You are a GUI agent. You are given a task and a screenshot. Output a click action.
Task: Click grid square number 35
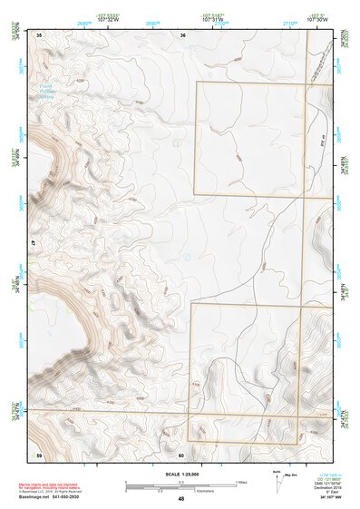tap(39, 34)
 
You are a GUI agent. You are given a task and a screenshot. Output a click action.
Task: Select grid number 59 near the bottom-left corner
tap(38, 454)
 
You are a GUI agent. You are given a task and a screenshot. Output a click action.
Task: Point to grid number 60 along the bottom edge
tap(181, 454)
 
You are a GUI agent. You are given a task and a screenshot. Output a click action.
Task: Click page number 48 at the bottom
tap(181, 498)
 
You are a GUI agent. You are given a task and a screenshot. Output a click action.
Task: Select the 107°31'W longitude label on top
tap(213, 17)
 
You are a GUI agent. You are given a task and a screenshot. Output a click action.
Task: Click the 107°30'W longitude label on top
tap(316, 17)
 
